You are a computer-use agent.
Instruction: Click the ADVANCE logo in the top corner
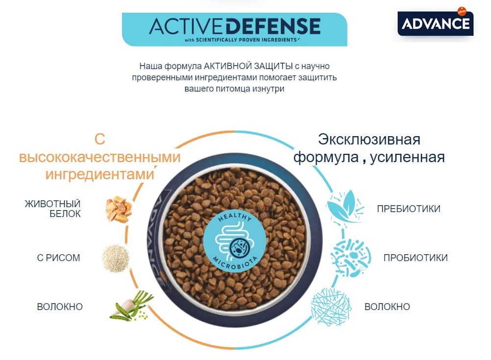click(435, 23)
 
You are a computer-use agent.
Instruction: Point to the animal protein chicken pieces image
click(119, 210)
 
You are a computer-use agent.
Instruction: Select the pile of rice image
click(116, 257)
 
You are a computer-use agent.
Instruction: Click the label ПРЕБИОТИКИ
click(408, 209)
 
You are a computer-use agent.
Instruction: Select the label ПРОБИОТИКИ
click(416, 258)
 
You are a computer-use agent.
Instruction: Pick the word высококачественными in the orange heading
click(99, 157)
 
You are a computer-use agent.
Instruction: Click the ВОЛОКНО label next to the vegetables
click(60, 307)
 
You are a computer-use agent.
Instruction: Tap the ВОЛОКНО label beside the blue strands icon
click(387, 307)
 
